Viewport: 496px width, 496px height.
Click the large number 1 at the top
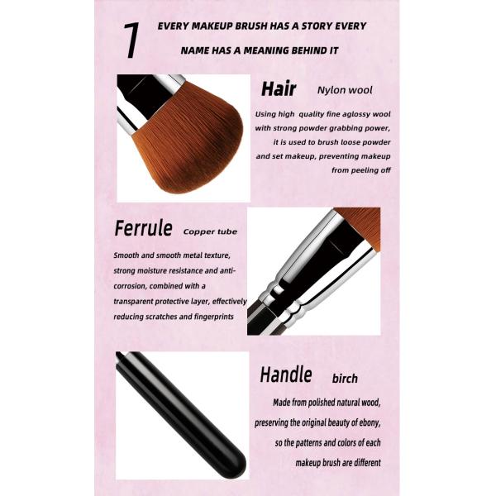[131, 41]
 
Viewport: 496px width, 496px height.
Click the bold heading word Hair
[279, 89]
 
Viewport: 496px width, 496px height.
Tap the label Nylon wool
[345, 90]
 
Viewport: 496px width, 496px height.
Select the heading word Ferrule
[143, 228]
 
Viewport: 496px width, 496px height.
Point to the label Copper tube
[210, 231]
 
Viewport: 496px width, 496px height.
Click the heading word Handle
[286, 374]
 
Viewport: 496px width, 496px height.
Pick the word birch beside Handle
[345, 379]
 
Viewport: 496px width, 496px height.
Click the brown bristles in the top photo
[190, 142]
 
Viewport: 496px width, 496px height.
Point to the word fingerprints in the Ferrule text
[214, 317]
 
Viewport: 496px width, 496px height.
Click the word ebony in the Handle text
[370, 422]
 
